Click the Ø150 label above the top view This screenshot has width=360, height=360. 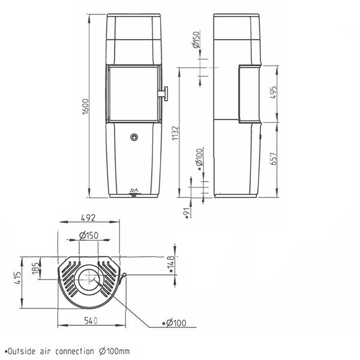(x=89, y=235)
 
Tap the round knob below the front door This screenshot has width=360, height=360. (x=134, y=137)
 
